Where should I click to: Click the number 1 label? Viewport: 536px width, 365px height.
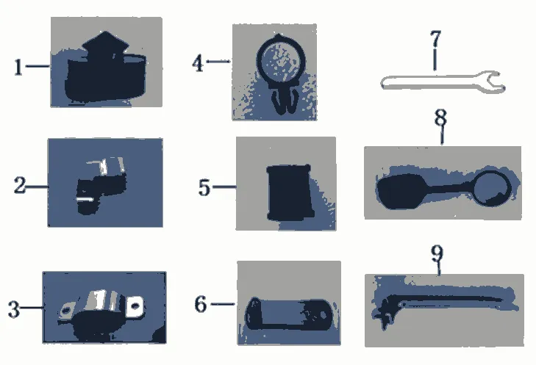pos(18,67)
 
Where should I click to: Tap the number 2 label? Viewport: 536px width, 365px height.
pos(20,185)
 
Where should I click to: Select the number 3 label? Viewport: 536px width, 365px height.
pos(14,309)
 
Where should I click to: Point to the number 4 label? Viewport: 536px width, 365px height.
pos(198,63)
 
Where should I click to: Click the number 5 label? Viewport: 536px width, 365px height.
pos(204,187)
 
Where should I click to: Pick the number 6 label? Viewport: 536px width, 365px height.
pos(201,304)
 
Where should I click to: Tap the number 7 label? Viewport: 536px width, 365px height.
pos(435,39)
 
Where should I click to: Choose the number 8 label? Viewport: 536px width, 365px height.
pos(440,118)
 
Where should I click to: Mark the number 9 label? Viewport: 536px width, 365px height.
pos(437,253)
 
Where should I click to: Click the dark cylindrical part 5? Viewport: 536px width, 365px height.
pos(290,192)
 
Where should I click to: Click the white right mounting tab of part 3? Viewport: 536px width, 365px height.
pos(135,306)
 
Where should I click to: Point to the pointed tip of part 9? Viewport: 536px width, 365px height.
pos(502,300)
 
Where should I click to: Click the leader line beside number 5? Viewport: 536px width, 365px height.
pos(224,187)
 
